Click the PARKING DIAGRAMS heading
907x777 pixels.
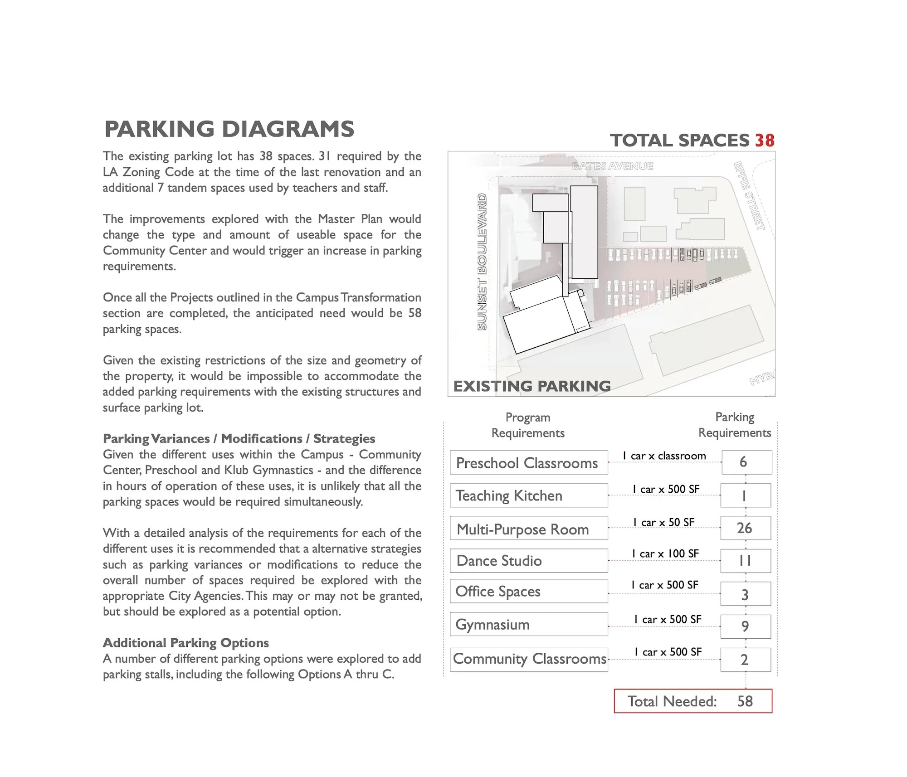coord(229,129)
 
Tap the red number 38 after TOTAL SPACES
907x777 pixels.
coord(765,141)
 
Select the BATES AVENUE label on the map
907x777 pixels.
coord(612,166)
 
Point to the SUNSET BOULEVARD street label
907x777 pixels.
coord(482,262)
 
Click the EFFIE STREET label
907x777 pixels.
coord(749,195)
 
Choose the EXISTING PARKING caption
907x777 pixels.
coord(532,386)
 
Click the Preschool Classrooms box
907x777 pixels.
coord(528,463)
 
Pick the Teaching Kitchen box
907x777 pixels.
coord(528,495)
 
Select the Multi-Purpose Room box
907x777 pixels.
coord(528,529)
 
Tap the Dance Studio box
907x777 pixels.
coord(528,561)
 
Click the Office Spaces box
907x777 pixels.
coord(528,591)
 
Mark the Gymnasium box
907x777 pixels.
coord(528,624)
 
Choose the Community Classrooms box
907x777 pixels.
coord(529,659)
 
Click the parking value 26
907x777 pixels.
coord(745,528)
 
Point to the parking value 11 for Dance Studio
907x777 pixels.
coord(745,561)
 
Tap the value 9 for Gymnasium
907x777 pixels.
coord(745,626)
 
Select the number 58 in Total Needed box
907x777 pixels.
coord(745,701)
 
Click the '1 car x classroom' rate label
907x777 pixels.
coord(664,456)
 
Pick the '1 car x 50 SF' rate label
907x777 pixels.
coord(664,522)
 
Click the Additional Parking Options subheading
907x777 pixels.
coord(186,643)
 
